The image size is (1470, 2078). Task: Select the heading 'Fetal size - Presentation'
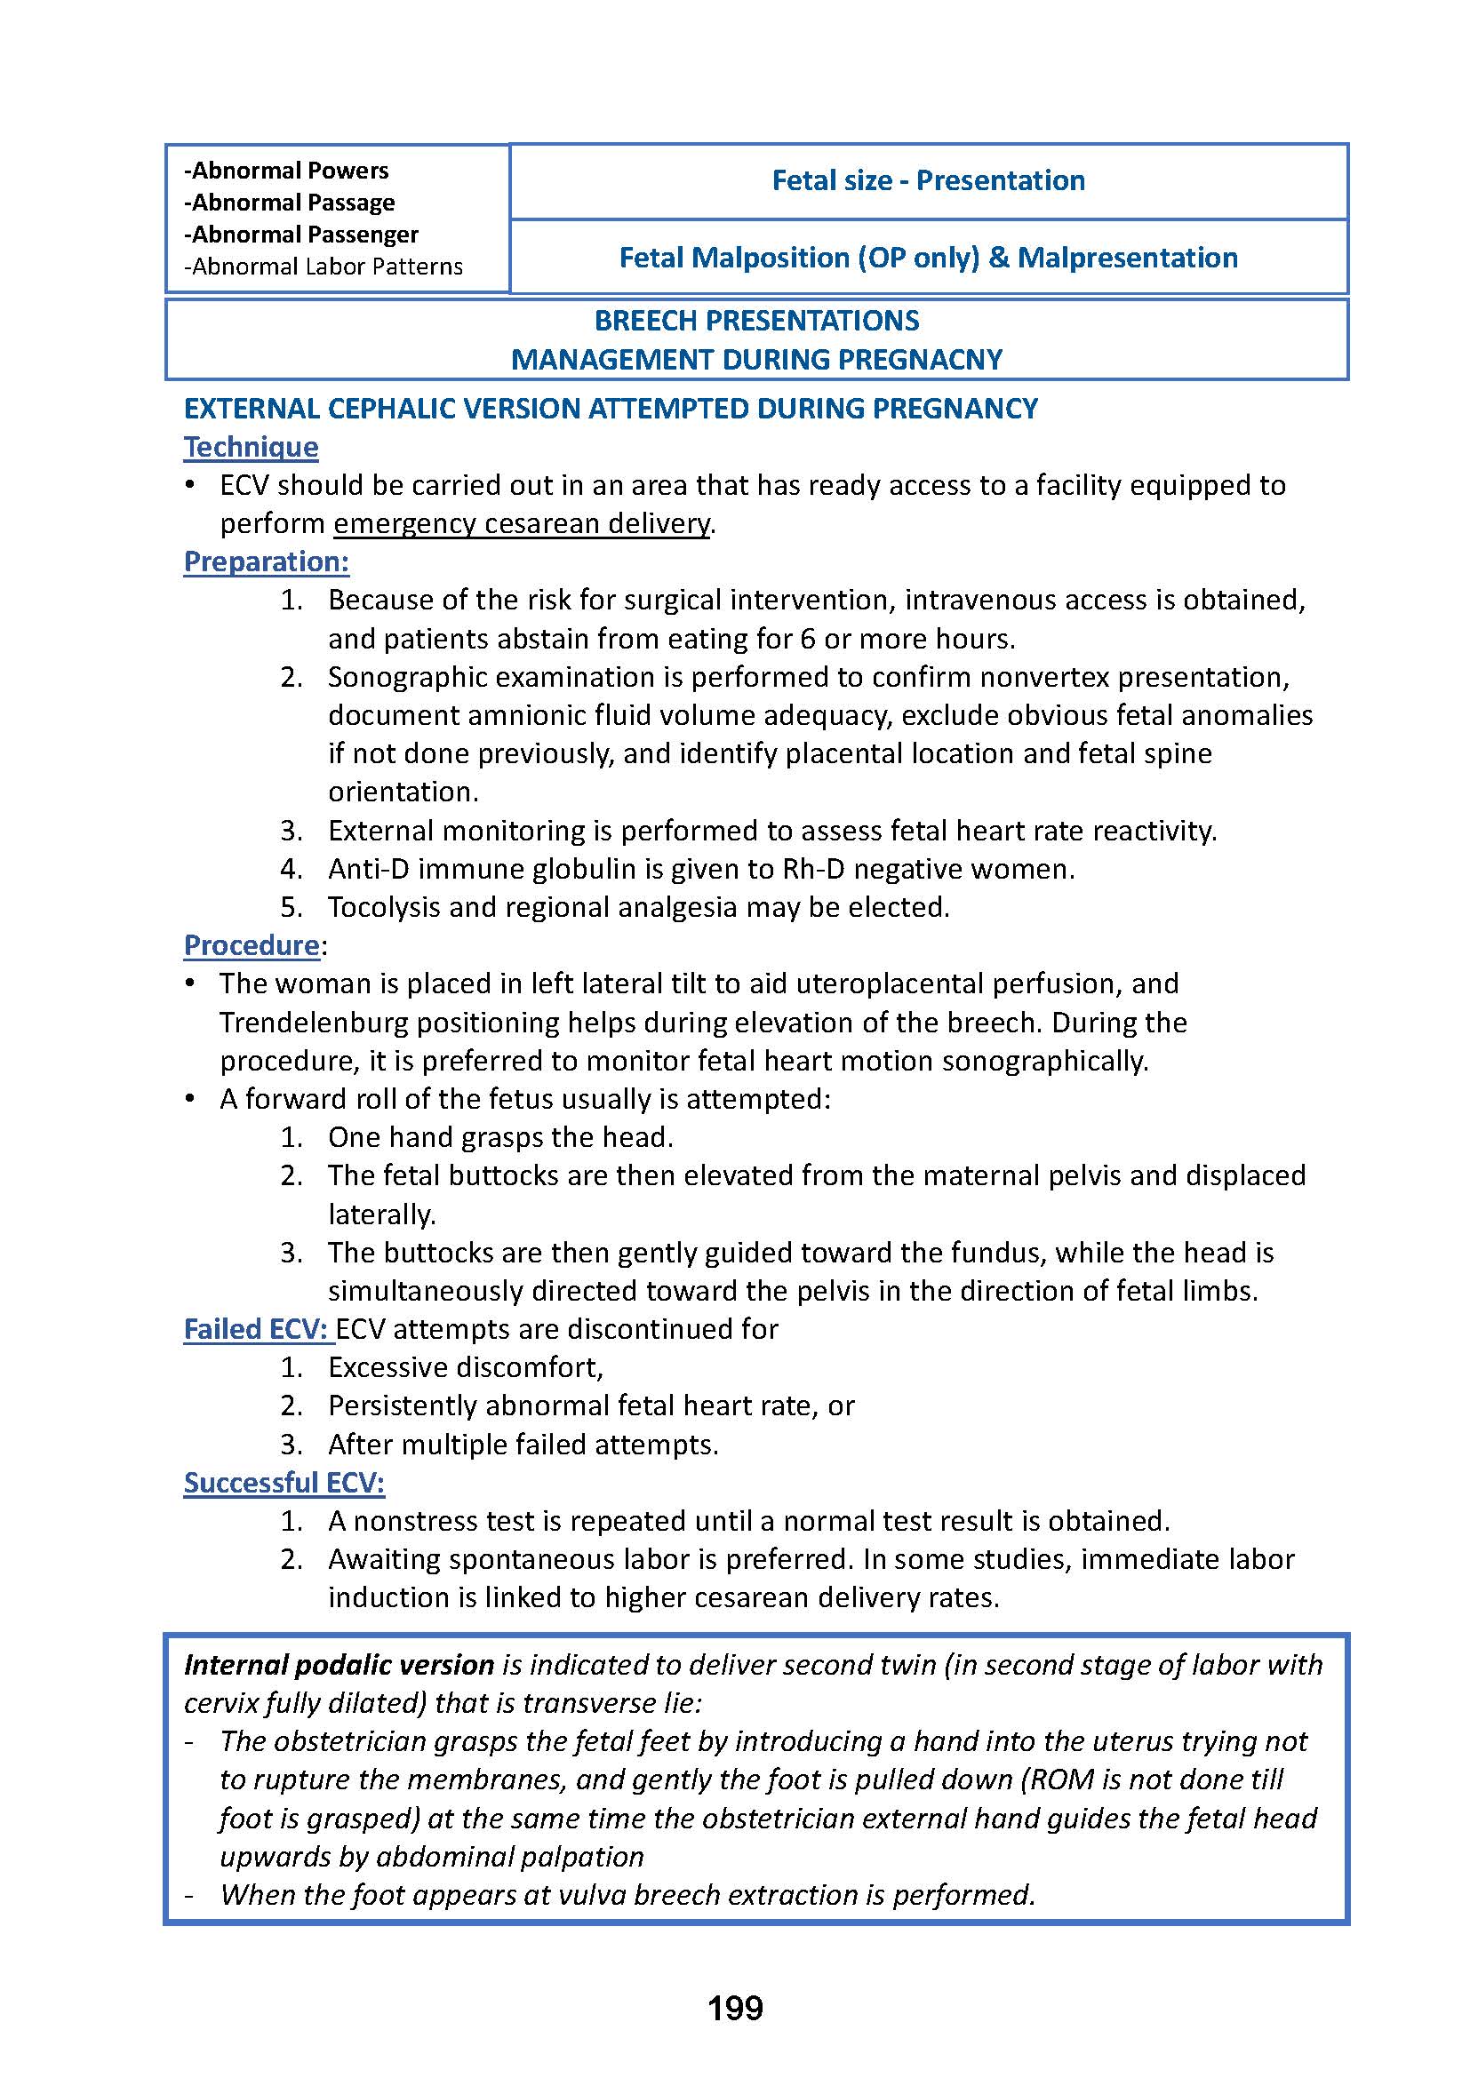click(x=928, y=180)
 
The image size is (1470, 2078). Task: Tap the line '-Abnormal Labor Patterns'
click(x=324, y=267)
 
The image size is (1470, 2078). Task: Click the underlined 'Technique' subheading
click(x=251, y=447)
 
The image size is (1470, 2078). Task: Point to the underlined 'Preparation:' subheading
click(x=266, y=561)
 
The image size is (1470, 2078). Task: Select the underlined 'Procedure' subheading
click(x=252, y=945)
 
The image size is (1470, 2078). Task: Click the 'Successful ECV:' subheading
click(x=284, y=1483)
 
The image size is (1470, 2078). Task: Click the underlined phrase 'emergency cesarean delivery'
click(x=522, y=524)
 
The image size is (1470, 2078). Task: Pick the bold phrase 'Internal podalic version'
click(x=339, y=1664)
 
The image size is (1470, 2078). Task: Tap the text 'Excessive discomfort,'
click(x=465, y=1367)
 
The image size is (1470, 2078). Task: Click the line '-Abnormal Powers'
click(x=286, y=171)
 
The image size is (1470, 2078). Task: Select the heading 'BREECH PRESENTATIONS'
click(x=756, y=321)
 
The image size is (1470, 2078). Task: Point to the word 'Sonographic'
click(x=403, y=677)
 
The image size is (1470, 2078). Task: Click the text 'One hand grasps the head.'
click(x=500, y=1137)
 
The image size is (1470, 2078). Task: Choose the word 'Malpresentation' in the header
click(x=1127, y=258)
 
